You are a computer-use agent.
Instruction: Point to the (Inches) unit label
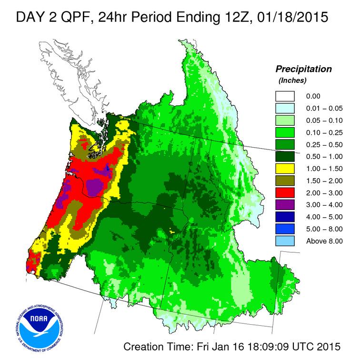coord(292,80)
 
